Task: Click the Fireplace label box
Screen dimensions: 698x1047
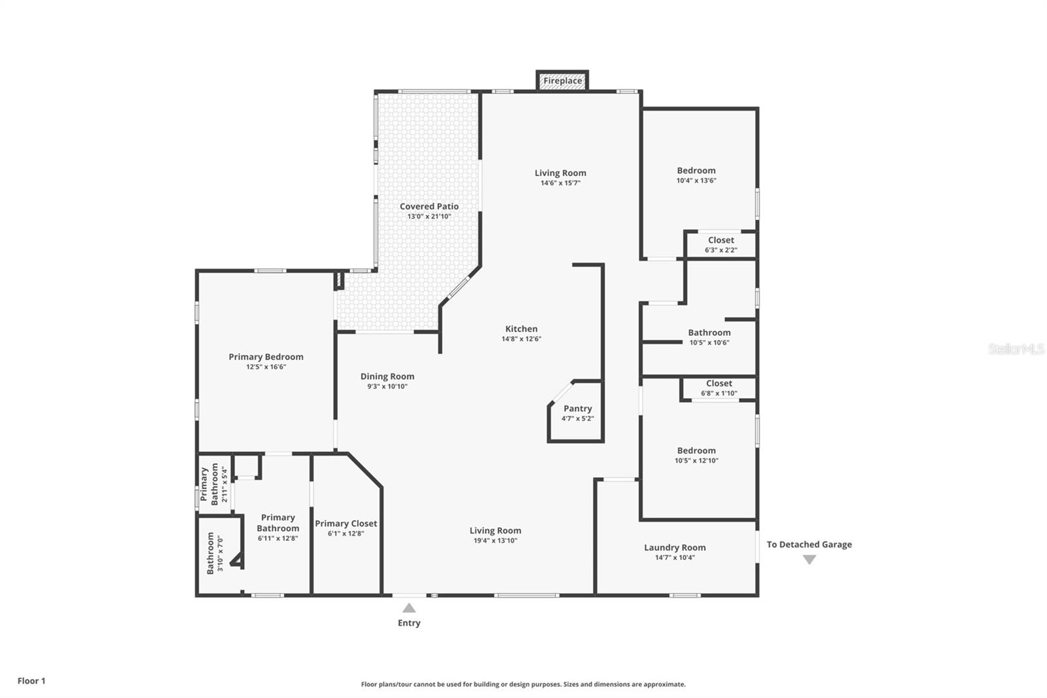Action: click(x=563, y=81)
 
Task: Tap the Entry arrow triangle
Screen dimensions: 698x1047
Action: click(x=409, y=608)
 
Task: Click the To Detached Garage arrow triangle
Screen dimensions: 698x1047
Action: click(x=809, y=560)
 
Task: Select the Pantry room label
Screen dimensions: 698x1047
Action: click(x=577, y=409)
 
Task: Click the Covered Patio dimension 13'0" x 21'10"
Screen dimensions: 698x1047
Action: click(x=429, y=216)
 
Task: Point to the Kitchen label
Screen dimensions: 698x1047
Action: click(x=522, y=329)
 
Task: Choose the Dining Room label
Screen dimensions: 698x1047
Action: click(x=387, y=377)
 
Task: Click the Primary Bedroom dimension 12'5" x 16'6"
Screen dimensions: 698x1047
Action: click(x=266, y=367)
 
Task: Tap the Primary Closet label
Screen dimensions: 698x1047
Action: click(x=346, y=523)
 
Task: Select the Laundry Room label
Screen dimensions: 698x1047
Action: click(x=675, y=547)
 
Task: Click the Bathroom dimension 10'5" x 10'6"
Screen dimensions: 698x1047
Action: click(x=709, y=342)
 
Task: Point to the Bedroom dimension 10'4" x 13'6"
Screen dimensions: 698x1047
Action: click(x=696, y=180)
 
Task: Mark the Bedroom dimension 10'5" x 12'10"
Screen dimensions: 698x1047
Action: click(x=696, y=460)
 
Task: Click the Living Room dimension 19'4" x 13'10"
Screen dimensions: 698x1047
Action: click(x=495, y=541)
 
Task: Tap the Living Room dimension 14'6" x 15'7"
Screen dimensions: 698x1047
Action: click(x=560, y=183)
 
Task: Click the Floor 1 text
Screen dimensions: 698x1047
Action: click(x=31, y=681)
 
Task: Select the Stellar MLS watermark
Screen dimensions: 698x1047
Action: click(x=1016, y=349)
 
